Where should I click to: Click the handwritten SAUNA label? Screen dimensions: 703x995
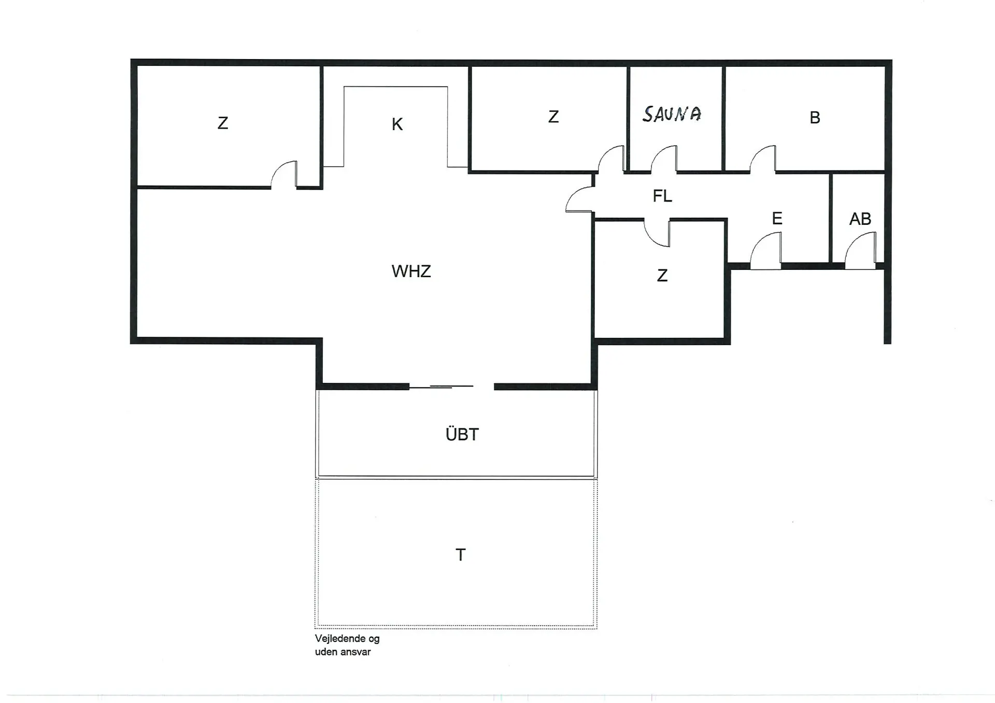pos(672,114)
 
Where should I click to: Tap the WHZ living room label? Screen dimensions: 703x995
pos(411,271)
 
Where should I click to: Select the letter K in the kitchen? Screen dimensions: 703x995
pos(397,124)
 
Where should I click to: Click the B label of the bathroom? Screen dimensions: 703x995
pos(815,118)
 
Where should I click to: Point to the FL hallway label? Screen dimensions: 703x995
pos(662,196)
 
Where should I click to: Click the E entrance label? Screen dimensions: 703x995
pos(777,218)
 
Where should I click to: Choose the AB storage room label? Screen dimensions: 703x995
pos(860,219)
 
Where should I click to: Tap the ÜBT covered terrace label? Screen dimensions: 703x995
pos(462,434)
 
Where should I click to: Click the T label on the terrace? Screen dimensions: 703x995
pos(460,555)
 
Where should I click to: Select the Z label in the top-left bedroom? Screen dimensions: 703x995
pos(223,123)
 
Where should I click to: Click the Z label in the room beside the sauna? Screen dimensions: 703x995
pos(553,117)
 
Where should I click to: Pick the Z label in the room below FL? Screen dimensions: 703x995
pos(662,276)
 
